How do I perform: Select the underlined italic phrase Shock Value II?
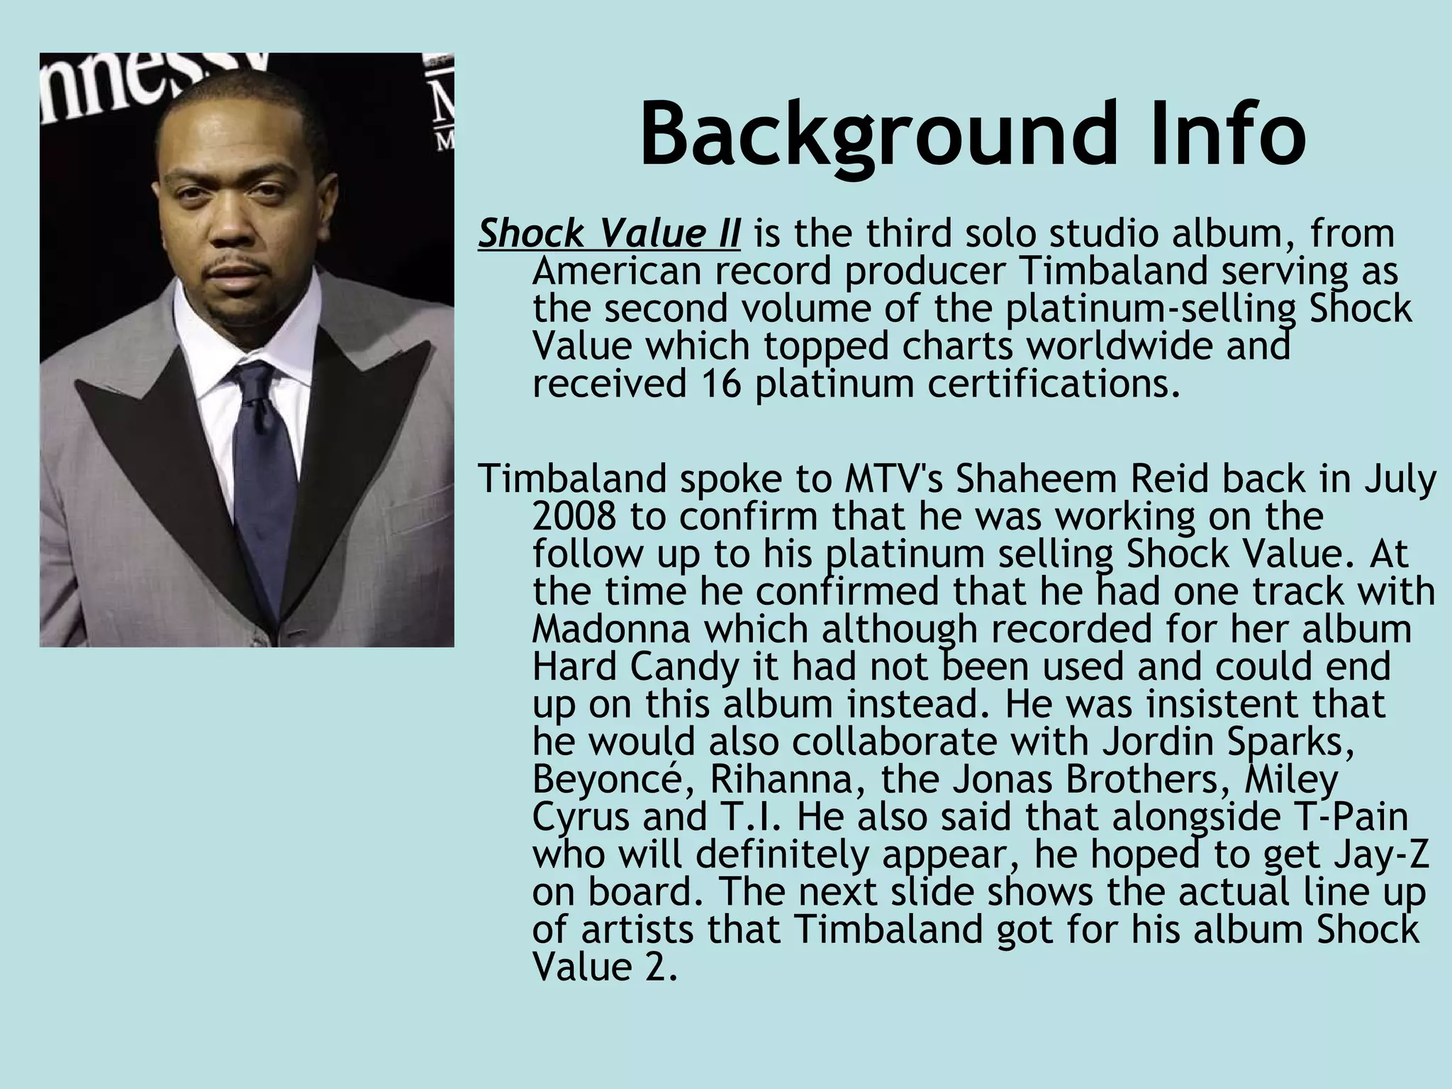click(x=609, y=234)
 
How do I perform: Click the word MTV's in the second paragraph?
click(x=896, y=479)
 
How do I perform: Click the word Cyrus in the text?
click(x=581, y=817)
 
